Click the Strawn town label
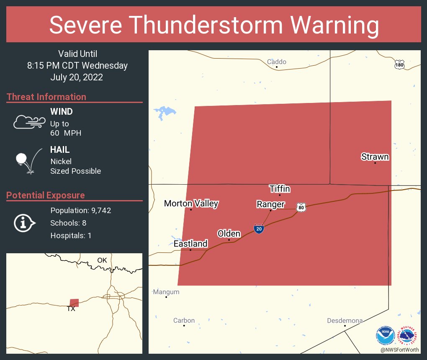coord(375,157)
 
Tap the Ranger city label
coord(270,204)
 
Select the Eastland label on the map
coord(190,244)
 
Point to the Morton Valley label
coord(191,203)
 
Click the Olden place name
coord(229,234)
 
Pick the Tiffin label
coord(280,189)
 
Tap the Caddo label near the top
coord(277,62)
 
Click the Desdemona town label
coord(345,321)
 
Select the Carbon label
coord(184,320)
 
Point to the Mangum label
coord(166,292)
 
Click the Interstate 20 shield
coord(259,229)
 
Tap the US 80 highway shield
coord(301,207)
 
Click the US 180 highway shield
coord(399,64)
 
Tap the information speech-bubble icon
coord(25,223)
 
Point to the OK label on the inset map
coord(102,260)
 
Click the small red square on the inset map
coord(74,303)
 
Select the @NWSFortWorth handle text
coord(399,350)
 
